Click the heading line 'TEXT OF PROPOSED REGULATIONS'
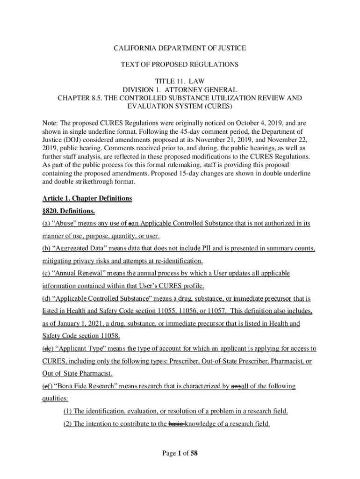pos(180,64)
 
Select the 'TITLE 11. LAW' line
pos(180,81)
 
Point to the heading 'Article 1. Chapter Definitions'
pos(87,199)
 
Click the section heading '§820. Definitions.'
pos(69,211)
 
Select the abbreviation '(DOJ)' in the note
pos(72,139)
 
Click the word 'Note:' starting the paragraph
pos(51,123)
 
